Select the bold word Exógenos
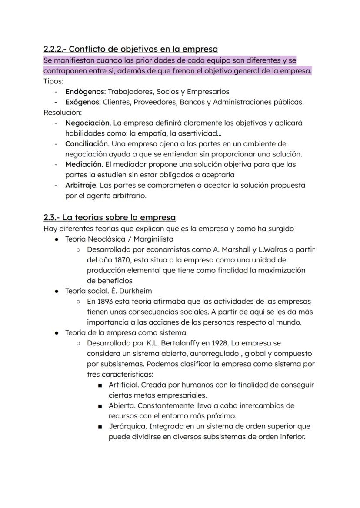click(83, 102)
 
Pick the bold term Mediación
click(83, 164)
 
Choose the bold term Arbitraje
click(81, 185)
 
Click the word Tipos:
click(53, 81)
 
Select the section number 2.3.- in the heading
click(52, 217)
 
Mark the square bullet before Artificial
click(100, 385)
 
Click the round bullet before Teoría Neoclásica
click(57, 239)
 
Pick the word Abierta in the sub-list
click(122, 405)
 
